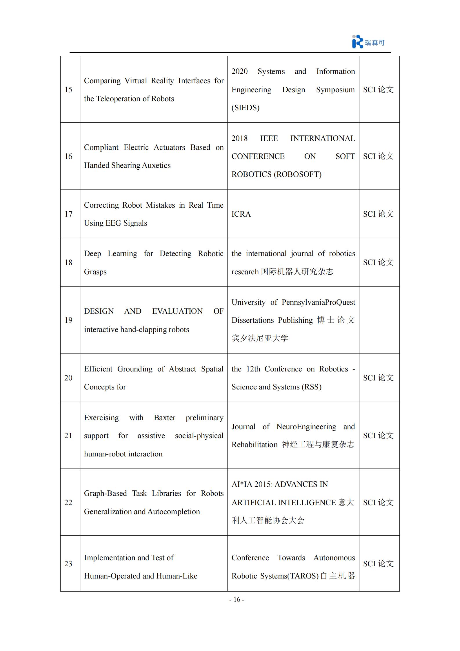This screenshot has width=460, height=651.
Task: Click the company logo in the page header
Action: [368, 42]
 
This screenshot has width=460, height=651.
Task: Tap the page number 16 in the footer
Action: [237, 599]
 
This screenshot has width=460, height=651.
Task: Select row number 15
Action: [68, 89]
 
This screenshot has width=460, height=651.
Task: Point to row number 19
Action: [68, 320]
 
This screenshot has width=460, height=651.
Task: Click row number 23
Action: [68, 563]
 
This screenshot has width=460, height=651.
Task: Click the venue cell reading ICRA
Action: [241, 214]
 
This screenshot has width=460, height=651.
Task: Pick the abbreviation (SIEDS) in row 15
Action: [246, 108]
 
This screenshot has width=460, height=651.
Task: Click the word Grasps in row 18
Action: [95, 272]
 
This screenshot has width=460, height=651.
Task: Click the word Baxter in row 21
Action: [165, 418]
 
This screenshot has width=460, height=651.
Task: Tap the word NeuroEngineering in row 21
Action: [306, 427]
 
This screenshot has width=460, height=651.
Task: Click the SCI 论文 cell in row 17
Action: [378, 214]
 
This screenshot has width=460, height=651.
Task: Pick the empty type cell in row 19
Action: [379, 320]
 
